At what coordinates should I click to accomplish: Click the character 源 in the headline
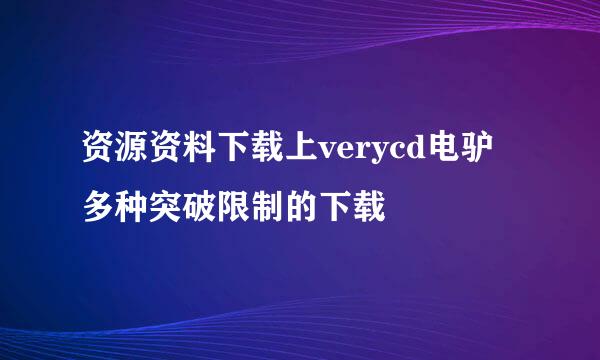tap(128, 152)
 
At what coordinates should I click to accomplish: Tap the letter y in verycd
tap(379, 156)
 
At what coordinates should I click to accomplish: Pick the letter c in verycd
tap(397, 154)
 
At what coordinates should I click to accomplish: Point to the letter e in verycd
tap(342, 154)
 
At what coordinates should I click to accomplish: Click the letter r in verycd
tap(360, 154)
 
